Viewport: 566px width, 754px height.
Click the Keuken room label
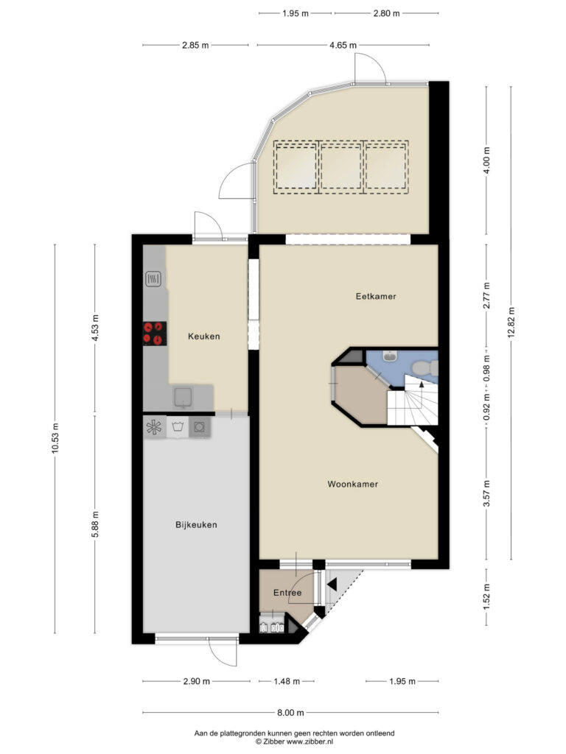pyautogui.click(x=204, y=337)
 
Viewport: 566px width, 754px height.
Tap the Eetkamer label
pyautogui.click(x=376, y=296)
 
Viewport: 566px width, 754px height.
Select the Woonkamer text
pyautogui.click(x=353, y=485)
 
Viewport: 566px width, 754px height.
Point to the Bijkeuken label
pyautogui.click(x=196, y=525)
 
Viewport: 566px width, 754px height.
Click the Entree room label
pyautogui.click(x=287, y=593)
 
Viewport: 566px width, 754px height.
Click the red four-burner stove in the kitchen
pyautogui.click(x=155, y=334)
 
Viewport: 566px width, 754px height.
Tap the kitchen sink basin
pyautogui.click(x=183, y=397)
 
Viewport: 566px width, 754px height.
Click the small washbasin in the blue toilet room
pyautogui.click(x=389, y=356)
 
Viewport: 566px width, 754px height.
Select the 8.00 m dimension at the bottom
pyautogui.click(x=290, y=713)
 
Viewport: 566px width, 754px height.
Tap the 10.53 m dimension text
pyautogui.click(x=55, y=438)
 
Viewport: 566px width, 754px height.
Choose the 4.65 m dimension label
pyautogui.click(x=343, y=45)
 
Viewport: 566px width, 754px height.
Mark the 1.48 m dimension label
pyautogui.click(x=287, y=681)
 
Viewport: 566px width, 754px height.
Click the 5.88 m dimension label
pyautogui.click(x=95, y=524)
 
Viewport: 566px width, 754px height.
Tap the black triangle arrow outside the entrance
pyautogui.click(x=332, y=584)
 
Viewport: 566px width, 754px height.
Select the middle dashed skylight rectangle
pyautogui.click(x=341, y=167)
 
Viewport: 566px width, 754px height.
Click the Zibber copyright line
pyautogui.click(x=294, y=742)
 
